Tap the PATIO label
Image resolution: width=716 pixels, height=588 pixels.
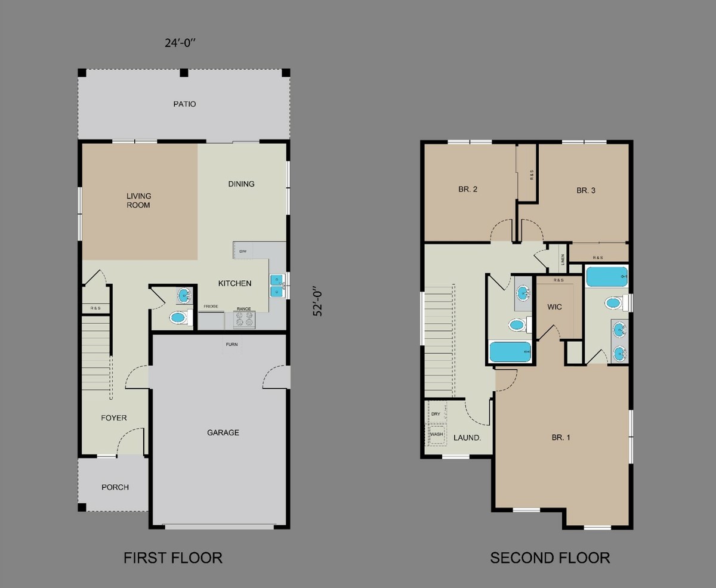(184, 104)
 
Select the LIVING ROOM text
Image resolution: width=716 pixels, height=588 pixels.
(138, 200)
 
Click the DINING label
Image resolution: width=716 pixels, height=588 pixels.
(241, 184)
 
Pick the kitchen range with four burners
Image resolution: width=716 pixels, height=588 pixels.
(243, 320)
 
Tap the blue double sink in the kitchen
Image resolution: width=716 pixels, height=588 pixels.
(277, 285)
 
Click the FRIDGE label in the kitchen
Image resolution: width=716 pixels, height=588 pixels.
(210, 307)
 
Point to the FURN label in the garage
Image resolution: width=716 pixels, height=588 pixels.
(232, 345)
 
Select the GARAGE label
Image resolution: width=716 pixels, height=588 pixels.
(223, 432)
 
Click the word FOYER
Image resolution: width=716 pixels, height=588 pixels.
(113, 418)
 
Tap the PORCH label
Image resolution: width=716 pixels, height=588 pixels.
(115, 487)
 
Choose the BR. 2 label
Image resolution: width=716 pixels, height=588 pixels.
(468, 189)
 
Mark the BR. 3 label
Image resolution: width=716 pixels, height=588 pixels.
(586, 191)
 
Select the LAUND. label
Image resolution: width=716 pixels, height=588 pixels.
(467, 437)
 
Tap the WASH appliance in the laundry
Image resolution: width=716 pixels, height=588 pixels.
(436, 434)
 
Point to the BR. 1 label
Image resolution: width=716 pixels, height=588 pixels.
(561, 437)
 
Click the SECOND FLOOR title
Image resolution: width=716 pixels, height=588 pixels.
(550, 558)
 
